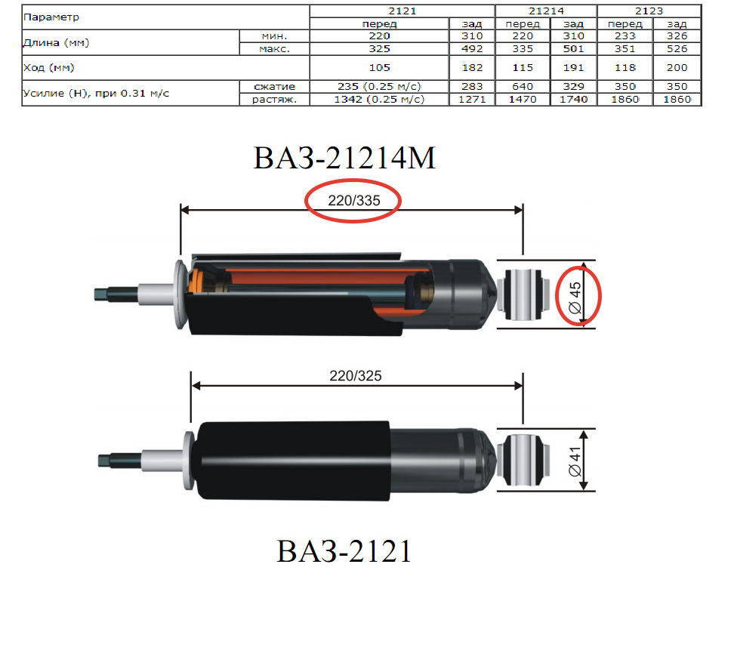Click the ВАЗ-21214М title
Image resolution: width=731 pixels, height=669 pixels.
tap(344, 158)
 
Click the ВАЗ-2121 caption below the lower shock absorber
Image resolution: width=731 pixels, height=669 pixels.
tap(344, 551)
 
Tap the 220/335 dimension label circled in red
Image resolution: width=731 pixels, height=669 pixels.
tap(354, 200)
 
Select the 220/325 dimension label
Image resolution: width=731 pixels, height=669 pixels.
tap(355, 376)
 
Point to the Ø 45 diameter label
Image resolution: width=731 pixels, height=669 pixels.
tap(575, 297)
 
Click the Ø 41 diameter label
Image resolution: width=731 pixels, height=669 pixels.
tap(575, 461)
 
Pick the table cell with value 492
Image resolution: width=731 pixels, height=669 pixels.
tap(472, 48)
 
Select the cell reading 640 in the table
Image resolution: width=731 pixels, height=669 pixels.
tap(523, 86)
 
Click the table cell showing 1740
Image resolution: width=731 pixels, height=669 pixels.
tap(573, 100)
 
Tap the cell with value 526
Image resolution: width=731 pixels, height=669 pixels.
tap(677, 48)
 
